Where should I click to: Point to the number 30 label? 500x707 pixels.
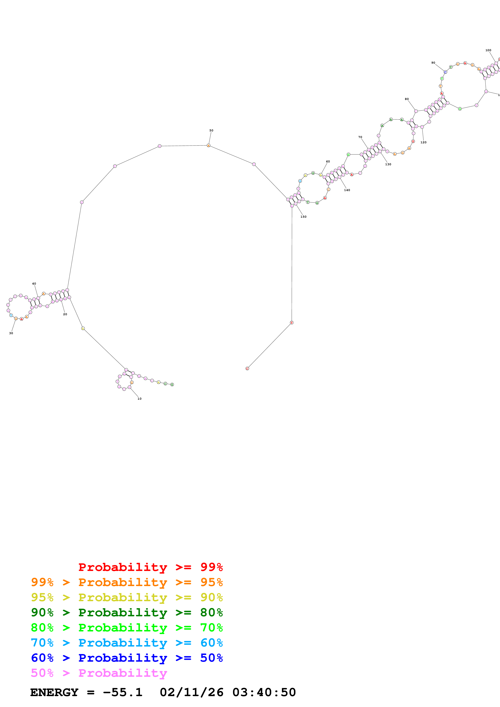[x=11, y=333]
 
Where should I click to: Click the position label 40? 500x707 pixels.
[x=34, y=284]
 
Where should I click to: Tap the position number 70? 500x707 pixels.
[x=360, y=137]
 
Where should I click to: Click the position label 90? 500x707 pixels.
[x=433, y=63]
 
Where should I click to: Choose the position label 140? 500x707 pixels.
[x=347, y=190]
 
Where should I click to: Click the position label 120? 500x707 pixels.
[x=424, y=142]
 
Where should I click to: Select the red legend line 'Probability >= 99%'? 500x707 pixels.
[x=150, y=567]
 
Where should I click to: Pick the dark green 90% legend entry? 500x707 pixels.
[x=127, y=612]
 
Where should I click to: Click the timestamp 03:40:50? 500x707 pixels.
[x=264, y=692]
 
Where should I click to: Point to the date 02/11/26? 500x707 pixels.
[x=191, y=692]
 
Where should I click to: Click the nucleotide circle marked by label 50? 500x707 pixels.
[x=209, y=145]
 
